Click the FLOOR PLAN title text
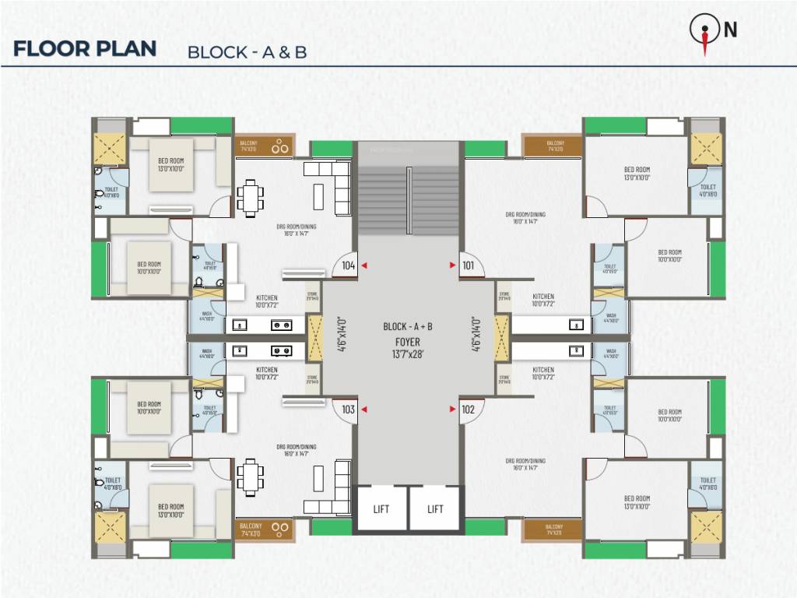tap(85, 48)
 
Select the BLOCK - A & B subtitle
tap(247, 52)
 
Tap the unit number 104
tap(348, 266)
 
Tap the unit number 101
tap(468, 266)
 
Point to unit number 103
tap(348, 409)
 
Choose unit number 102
tap(468, 409)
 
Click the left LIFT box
tap(381, 509)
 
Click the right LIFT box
tap(435, 509)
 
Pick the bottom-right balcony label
tap(554, 529)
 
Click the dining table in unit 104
tap(249, 197)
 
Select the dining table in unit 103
tap(249, 477)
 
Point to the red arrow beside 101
tap(453, 266)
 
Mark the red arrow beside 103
tap(363, 409)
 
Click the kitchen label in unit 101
tap(543, 300)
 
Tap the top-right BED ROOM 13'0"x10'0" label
tap(637, 173)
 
